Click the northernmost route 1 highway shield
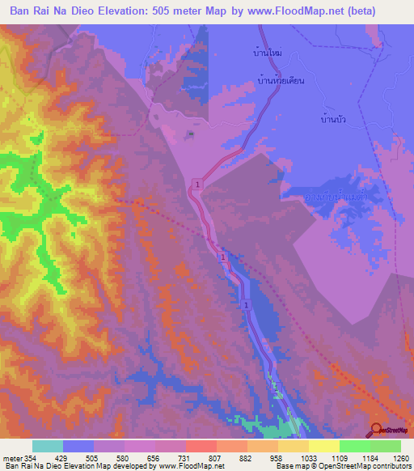click(x=196, y=187)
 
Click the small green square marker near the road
click(x=190, y=134)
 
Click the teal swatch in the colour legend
click(x=48, y=446)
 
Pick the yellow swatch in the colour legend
click(x=323, y=446)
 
